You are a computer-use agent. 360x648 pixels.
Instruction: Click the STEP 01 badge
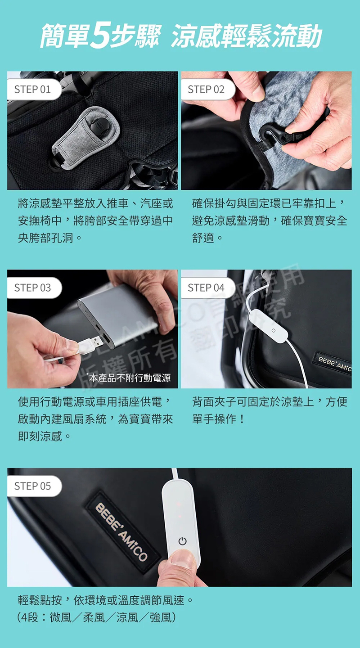coord(32,89)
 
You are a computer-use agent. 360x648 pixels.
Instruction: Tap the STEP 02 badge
coord(206,89)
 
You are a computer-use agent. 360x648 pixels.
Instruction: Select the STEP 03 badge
coord(32,288)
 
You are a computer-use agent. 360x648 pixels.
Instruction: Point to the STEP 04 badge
coord(206,288)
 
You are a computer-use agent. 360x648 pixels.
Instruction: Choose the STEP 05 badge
coord(32,486)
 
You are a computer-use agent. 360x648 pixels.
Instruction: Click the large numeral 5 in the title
coord(102,36)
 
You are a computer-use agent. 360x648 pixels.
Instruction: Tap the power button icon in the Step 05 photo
coord(182,541)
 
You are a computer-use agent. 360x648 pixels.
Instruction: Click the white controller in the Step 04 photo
coord(268,327)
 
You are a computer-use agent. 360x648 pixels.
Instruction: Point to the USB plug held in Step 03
coord(88,346)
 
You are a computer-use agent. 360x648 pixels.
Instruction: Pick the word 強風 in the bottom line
coord(161,617)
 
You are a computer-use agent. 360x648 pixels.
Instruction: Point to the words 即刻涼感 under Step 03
coord(40,436)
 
